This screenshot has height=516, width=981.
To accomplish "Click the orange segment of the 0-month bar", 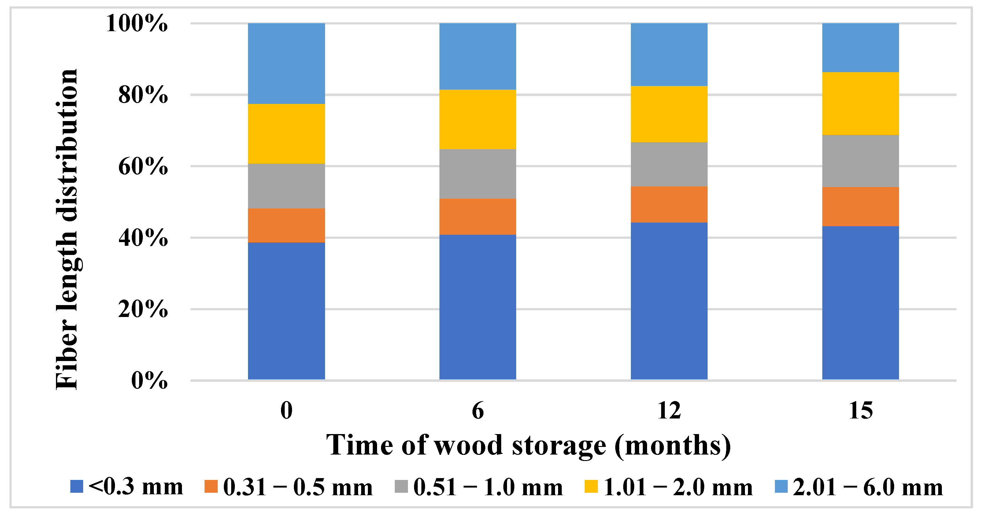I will (286, 225).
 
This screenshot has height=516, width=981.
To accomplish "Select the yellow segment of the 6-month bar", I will (478, 119).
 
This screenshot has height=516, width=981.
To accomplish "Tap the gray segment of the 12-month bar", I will (669, 164).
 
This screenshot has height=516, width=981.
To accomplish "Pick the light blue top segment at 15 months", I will (861, 48).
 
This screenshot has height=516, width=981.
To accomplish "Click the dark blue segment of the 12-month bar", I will (669, 301).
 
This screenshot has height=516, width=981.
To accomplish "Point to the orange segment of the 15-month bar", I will (861, 206).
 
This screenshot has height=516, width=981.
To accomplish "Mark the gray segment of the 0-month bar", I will (286, 186).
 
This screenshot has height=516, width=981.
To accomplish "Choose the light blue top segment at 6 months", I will (478, 56).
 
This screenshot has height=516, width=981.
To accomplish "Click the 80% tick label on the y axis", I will (143, 95).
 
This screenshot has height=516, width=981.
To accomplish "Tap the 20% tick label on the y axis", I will (143, 309).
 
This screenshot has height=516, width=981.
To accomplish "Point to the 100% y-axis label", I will (137, 23).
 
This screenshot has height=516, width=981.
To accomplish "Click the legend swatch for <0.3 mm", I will (76, 487).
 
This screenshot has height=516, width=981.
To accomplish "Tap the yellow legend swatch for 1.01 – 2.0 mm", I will (591, 487).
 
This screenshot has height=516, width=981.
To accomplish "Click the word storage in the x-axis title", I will (559, 446).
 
